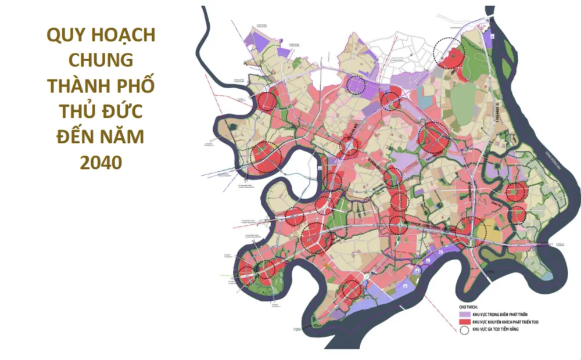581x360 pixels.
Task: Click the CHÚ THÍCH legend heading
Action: [x=468, y=304]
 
